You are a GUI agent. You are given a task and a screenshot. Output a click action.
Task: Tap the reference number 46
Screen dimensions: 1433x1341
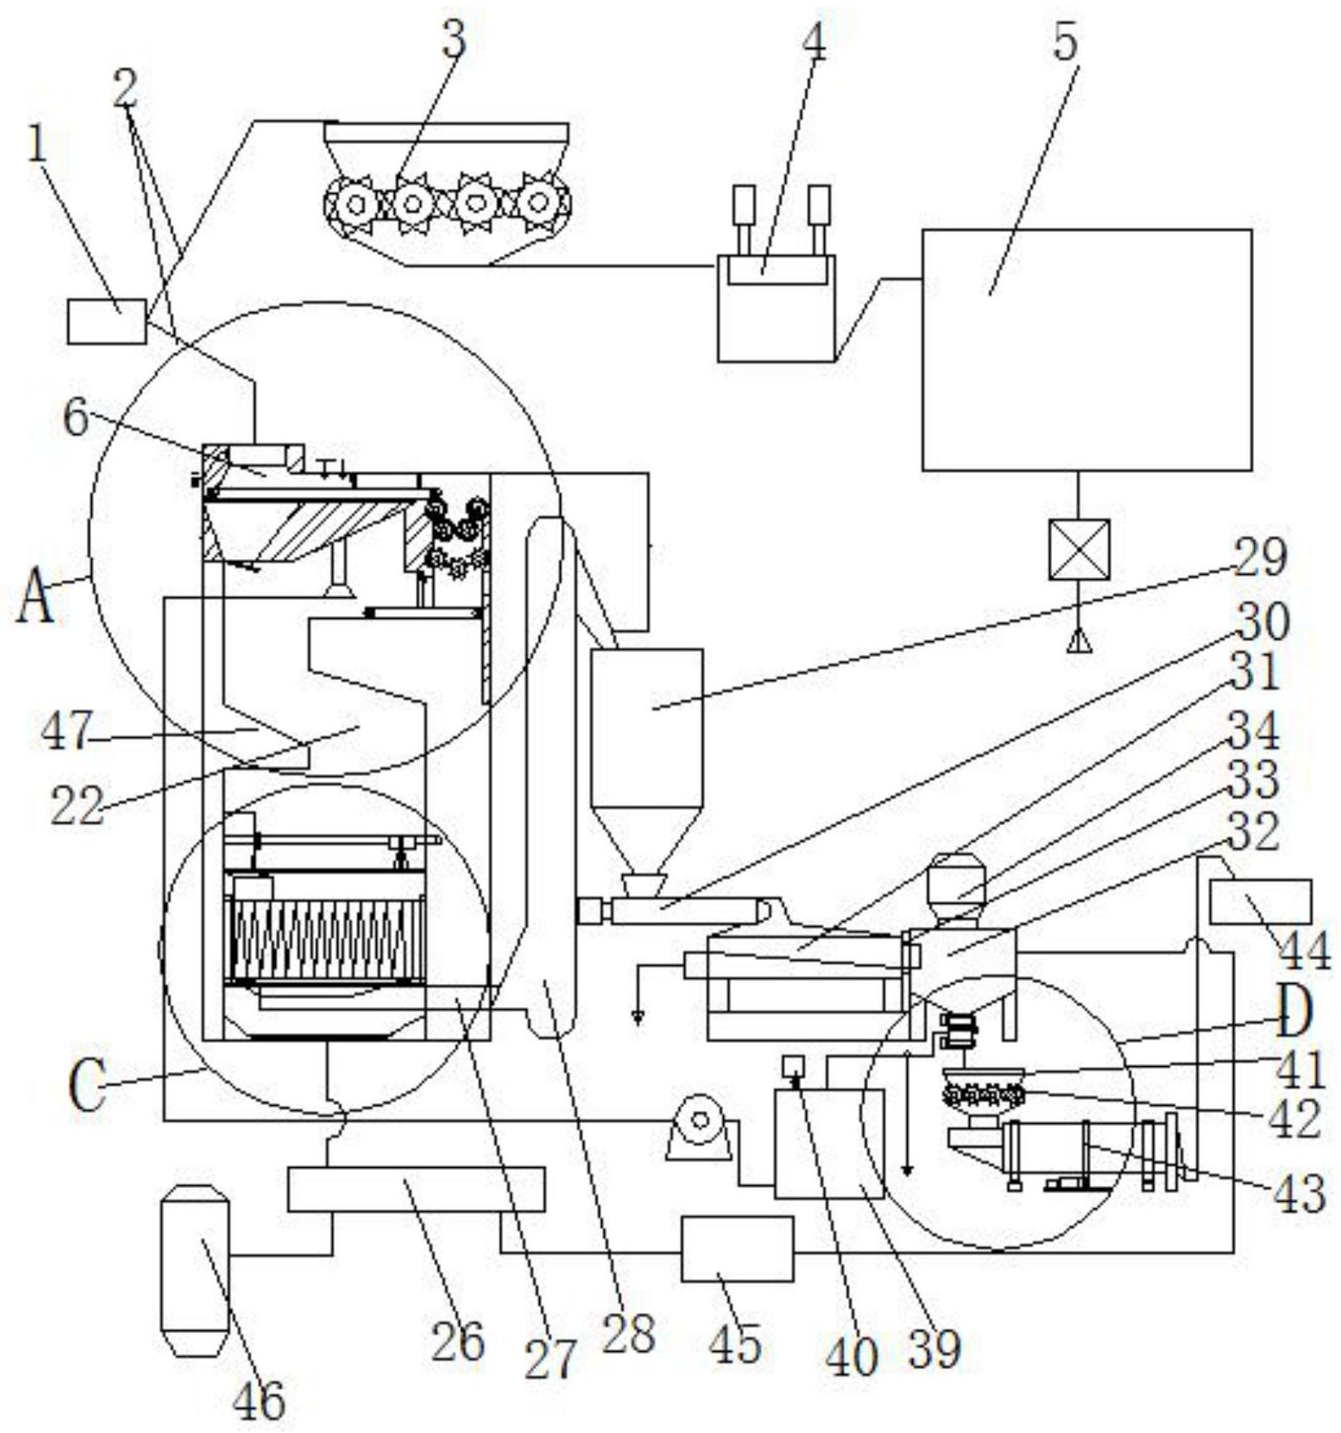point(258,1400)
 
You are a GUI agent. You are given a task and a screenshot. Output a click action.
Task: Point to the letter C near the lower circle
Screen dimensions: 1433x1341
point(87,1085)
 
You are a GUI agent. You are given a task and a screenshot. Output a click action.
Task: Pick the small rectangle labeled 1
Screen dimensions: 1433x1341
point(106,321)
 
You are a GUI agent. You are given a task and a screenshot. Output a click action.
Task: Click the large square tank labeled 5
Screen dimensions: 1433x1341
point(1086,350)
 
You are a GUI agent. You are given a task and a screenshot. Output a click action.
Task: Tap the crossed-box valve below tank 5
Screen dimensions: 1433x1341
point(1078,548)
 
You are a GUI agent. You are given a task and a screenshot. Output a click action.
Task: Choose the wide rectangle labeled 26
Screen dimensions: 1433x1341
point(416,1189)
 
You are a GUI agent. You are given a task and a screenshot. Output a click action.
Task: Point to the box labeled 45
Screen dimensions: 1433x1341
point(736,1248)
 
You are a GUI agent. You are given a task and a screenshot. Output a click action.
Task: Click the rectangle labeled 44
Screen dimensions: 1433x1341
point(1260,901)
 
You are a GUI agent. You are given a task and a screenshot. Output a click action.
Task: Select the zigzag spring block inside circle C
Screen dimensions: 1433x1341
point(325,938)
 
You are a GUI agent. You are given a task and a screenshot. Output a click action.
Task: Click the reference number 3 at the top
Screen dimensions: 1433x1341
point(453,37)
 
